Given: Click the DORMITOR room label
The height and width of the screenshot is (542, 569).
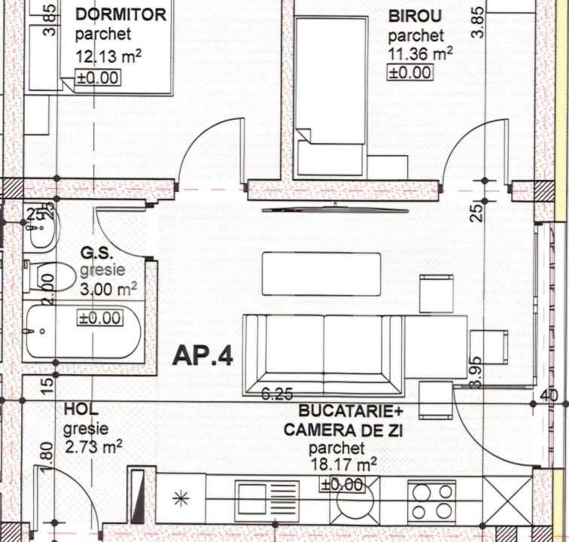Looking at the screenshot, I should (120, 15).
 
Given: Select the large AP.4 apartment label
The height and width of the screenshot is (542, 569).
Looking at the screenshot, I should (203, 355).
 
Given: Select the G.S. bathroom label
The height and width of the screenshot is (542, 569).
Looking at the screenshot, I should (96, 254).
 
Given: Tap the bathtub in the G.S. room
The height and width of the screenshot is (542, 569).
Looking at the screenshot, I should (83, 331).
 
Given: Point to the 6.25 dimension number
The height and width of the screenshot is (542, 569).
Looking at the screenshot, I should (277, 394).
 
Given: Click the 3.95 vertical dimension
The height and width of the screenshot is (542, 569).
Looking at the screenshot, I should (475, 373).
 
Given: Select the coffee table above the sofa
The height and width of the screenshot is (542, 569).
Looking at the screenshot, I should (321, 274).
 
